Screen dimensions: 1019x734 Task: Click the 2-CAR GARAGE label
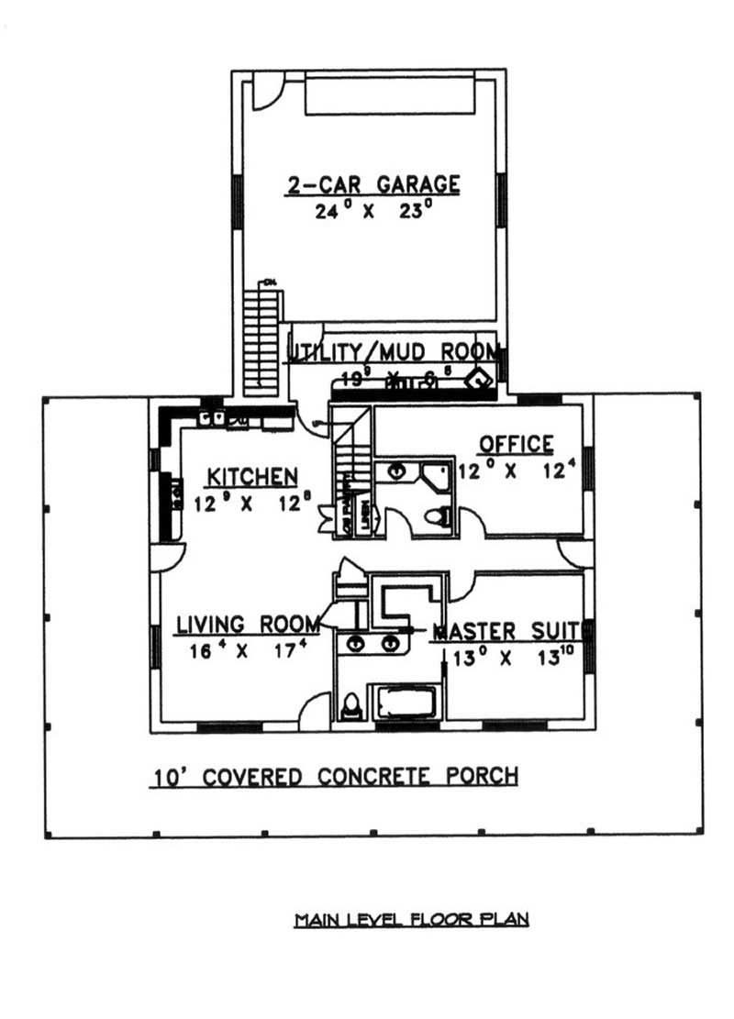(373, 184)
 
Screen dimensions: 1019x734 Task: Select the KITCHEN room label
(251, 476)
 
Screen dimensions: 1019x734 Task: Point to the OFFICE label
(517, 444)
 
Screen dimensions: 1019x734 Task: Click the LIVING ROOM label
(248, 625)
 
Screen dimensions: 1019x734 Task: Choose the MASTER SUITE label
(506, 631)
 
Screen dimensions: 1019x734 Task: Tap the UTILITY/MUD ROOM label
(395, 352)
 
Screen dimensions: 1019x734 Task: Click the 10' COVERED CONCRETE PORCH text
(334, 777)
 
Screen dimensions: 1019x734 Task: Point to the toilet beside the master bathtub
(350, 705)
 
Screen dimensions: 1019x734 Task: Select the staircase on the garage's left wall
(261, 340)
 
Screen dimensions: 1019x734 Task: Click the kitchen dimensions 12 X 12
(251, 502)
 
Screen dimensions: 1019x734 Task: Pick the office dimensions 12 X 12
(517, 471)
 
